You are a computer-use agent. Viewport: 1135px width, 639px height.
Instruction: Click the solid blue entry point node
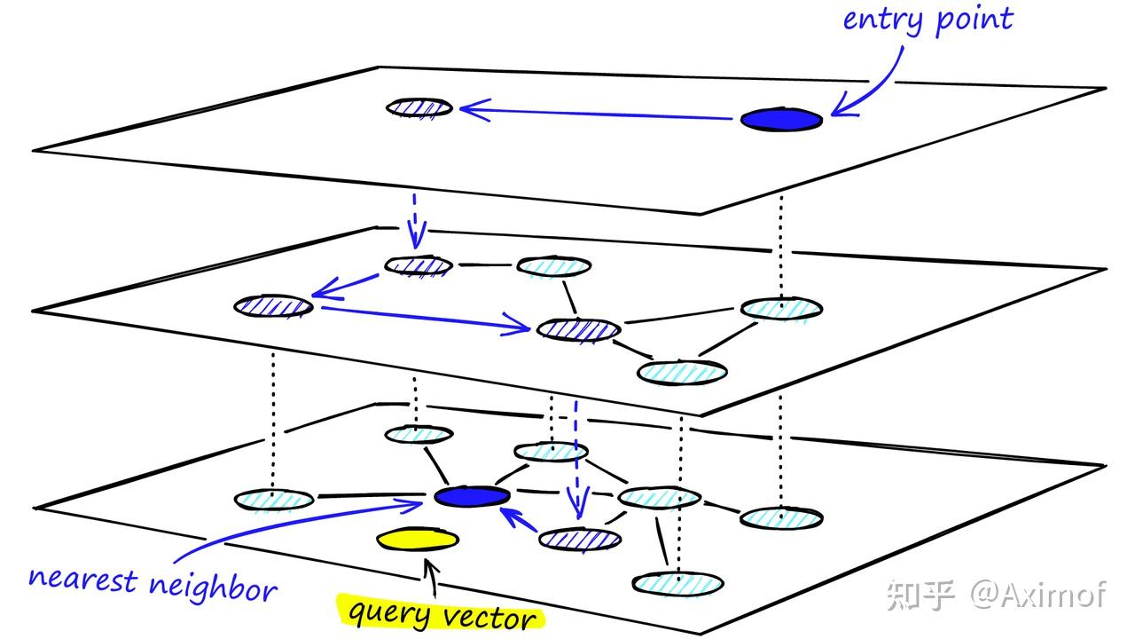[x=781, y=119]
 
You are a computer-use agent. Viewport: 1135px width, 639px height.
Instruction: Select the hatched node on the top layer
[x=419, y=107]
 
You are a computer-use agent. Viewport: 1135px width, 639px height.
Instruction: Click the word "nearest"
[x=82, y=579]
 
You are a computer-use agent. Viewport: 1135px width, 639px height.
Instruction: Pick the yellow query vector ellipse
[x=418, y=540]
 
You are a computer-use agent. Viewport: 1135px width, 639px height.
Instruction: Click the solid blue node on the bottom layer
[x=472, y=496]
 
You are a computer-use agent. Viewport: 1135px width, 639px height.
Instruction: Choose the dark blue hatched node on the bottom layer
[x=580, y=538]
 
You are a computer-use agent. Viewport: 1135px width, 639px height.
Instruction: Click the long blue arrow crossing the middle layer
[x=426, y=318]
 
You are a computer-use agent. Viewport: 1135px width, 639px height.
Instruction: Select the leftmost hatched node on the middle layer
[x=274, y=306]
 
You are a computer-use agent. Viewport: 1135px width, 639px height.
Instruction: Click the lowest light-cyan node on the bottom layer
[x=678, y=583]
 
